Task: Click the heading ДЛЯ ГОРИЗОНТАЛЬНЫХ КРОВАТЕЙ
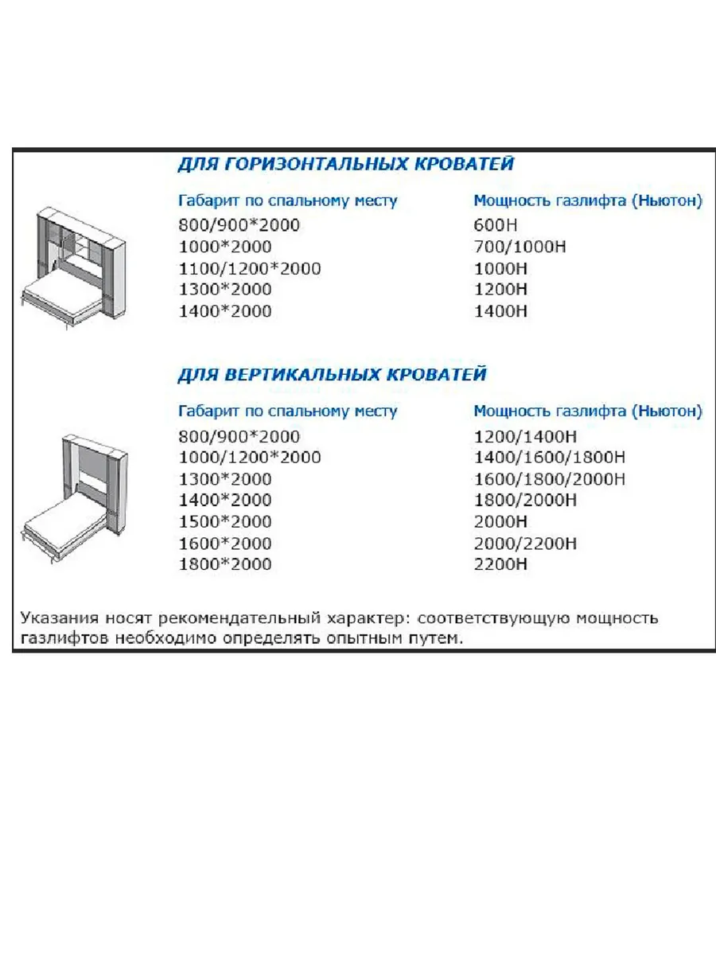[x=344, y=165]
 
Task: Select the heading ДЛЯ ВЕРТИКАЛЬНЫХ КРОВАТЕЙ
[x=331, y=374]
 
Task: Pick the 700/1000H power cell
[x=519, y=247]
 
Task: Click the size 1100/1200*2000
[x=249, y=268]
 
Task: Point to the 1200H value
[x=500, y=290]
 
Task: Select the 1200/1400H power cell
[x=525, y=436]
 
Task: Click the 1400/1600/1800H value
[x=549, y=458]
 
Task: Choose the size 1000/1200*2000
[x=249, y=458]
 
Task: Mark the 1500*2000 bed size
[x=224, y=522]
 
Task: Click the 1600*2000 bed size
[x=224, y=544]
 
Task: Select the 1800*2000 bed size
[x=224, y=564]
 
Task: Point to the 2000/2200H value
[x=525, y=544]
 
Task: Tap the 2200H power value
[x=500, y=564]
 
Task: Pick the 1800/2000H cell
[x=525, y=501]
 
